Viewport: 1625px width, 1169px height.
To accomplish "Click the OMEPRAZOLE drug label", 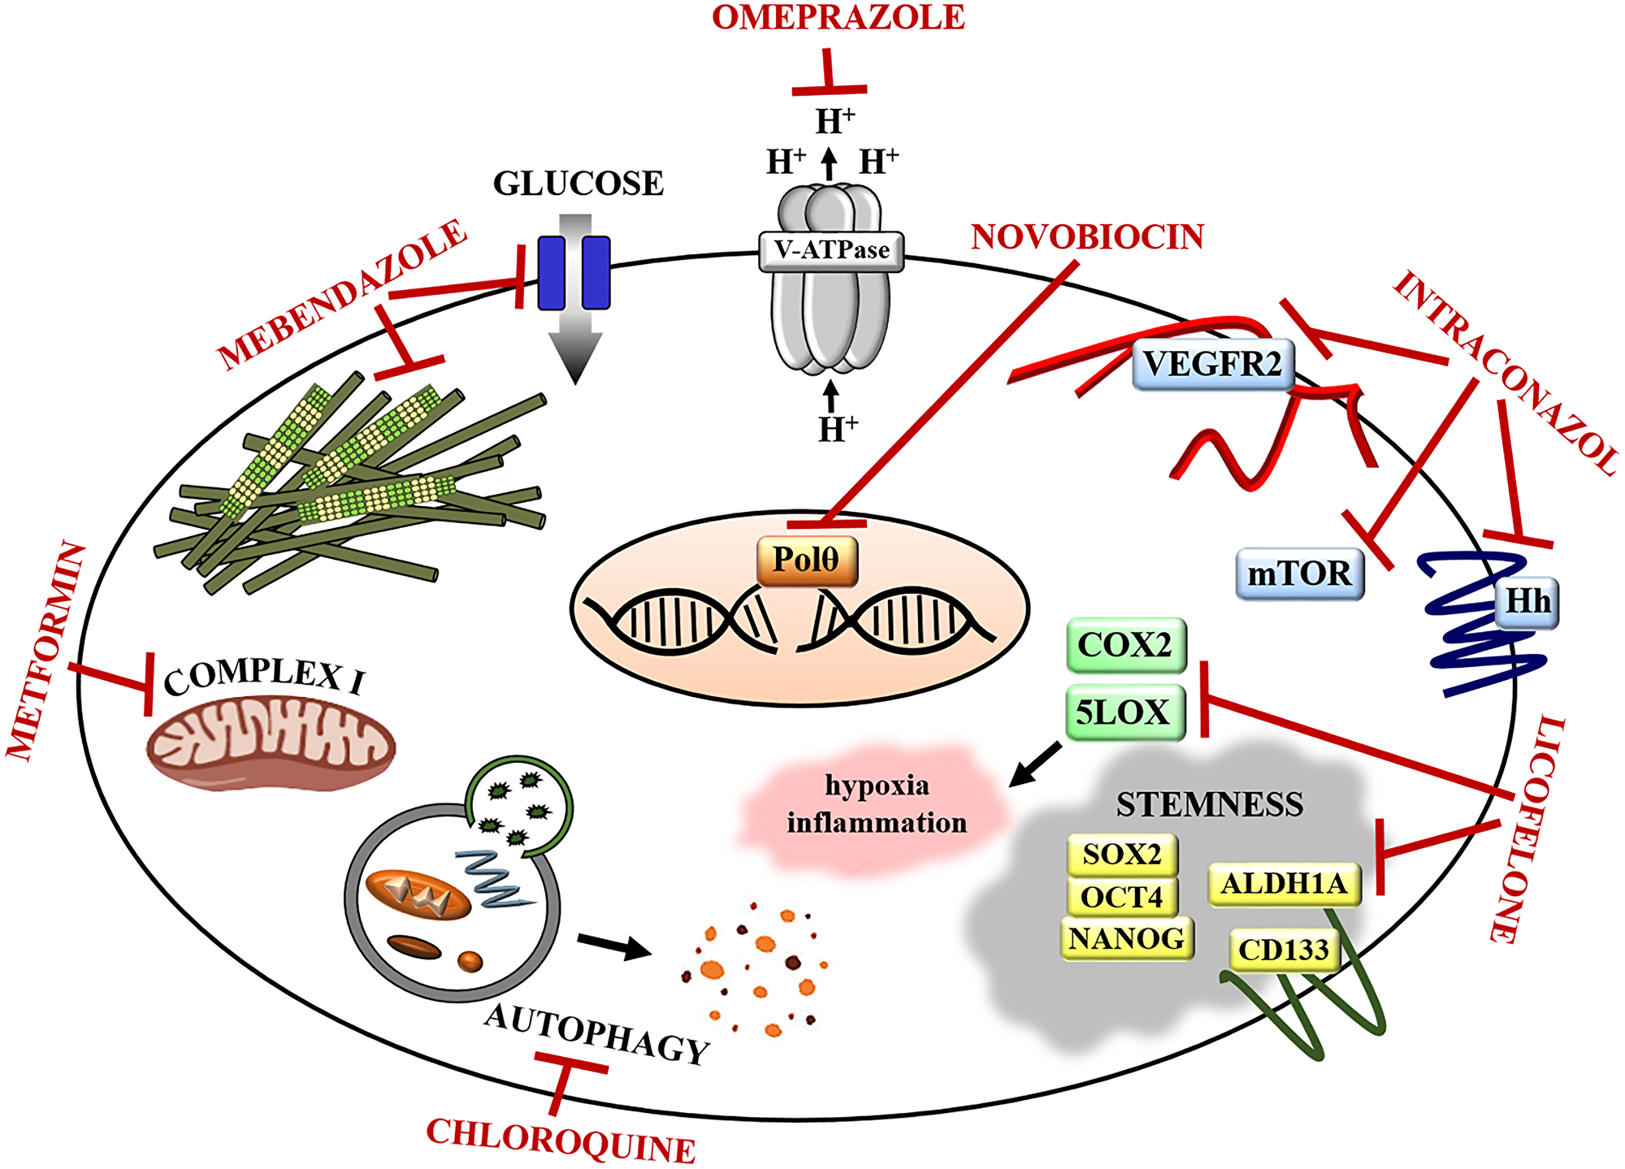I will click(x=838, y=17).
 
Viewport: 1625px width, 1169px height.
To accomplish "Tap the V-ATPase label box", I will click(x=831, y=250).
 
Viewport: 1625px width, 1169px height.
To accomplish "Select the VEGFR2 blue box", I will click(x=1212, y=365).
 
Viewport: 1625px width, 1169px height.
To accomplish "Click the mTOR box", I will click(x=1299, y=574).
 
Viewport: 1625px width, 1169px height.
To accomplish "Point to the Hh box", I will click(x=1527, y=603).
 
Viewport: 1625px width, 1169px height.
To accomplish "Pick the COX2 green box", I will click(x=1125, y=646).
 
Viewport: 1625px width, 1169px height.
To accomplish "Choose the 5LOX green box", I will click(x=1124, y=713).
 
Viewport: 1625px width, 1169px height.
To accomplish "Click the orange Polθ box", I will click(x=807, y=560).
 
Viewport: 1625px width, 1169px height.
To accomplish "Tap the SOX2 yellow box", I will click(x=1122, y=855).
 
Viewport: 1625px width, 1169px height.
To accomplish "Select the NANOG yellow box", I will click(x=1126, y=939).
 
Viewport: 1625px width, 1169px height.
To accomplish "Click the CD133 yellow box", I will click(x=1283, y=950).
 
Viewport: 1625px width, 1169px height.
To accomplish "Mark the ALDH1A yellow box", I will click(x=1284, y=884).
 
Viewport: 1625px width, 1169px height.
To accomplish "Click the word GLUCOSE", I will click(x=578, y=184).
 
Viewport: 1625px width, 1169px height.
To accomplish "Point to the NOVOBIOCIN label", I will click(x=1087, y=237).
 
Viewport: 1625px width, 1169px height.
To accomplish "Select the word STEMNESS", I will click(x=1209, y=804).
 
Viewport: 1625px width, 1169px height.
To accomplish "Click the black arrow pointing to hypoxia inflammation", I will click(x=1034, y=764).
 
